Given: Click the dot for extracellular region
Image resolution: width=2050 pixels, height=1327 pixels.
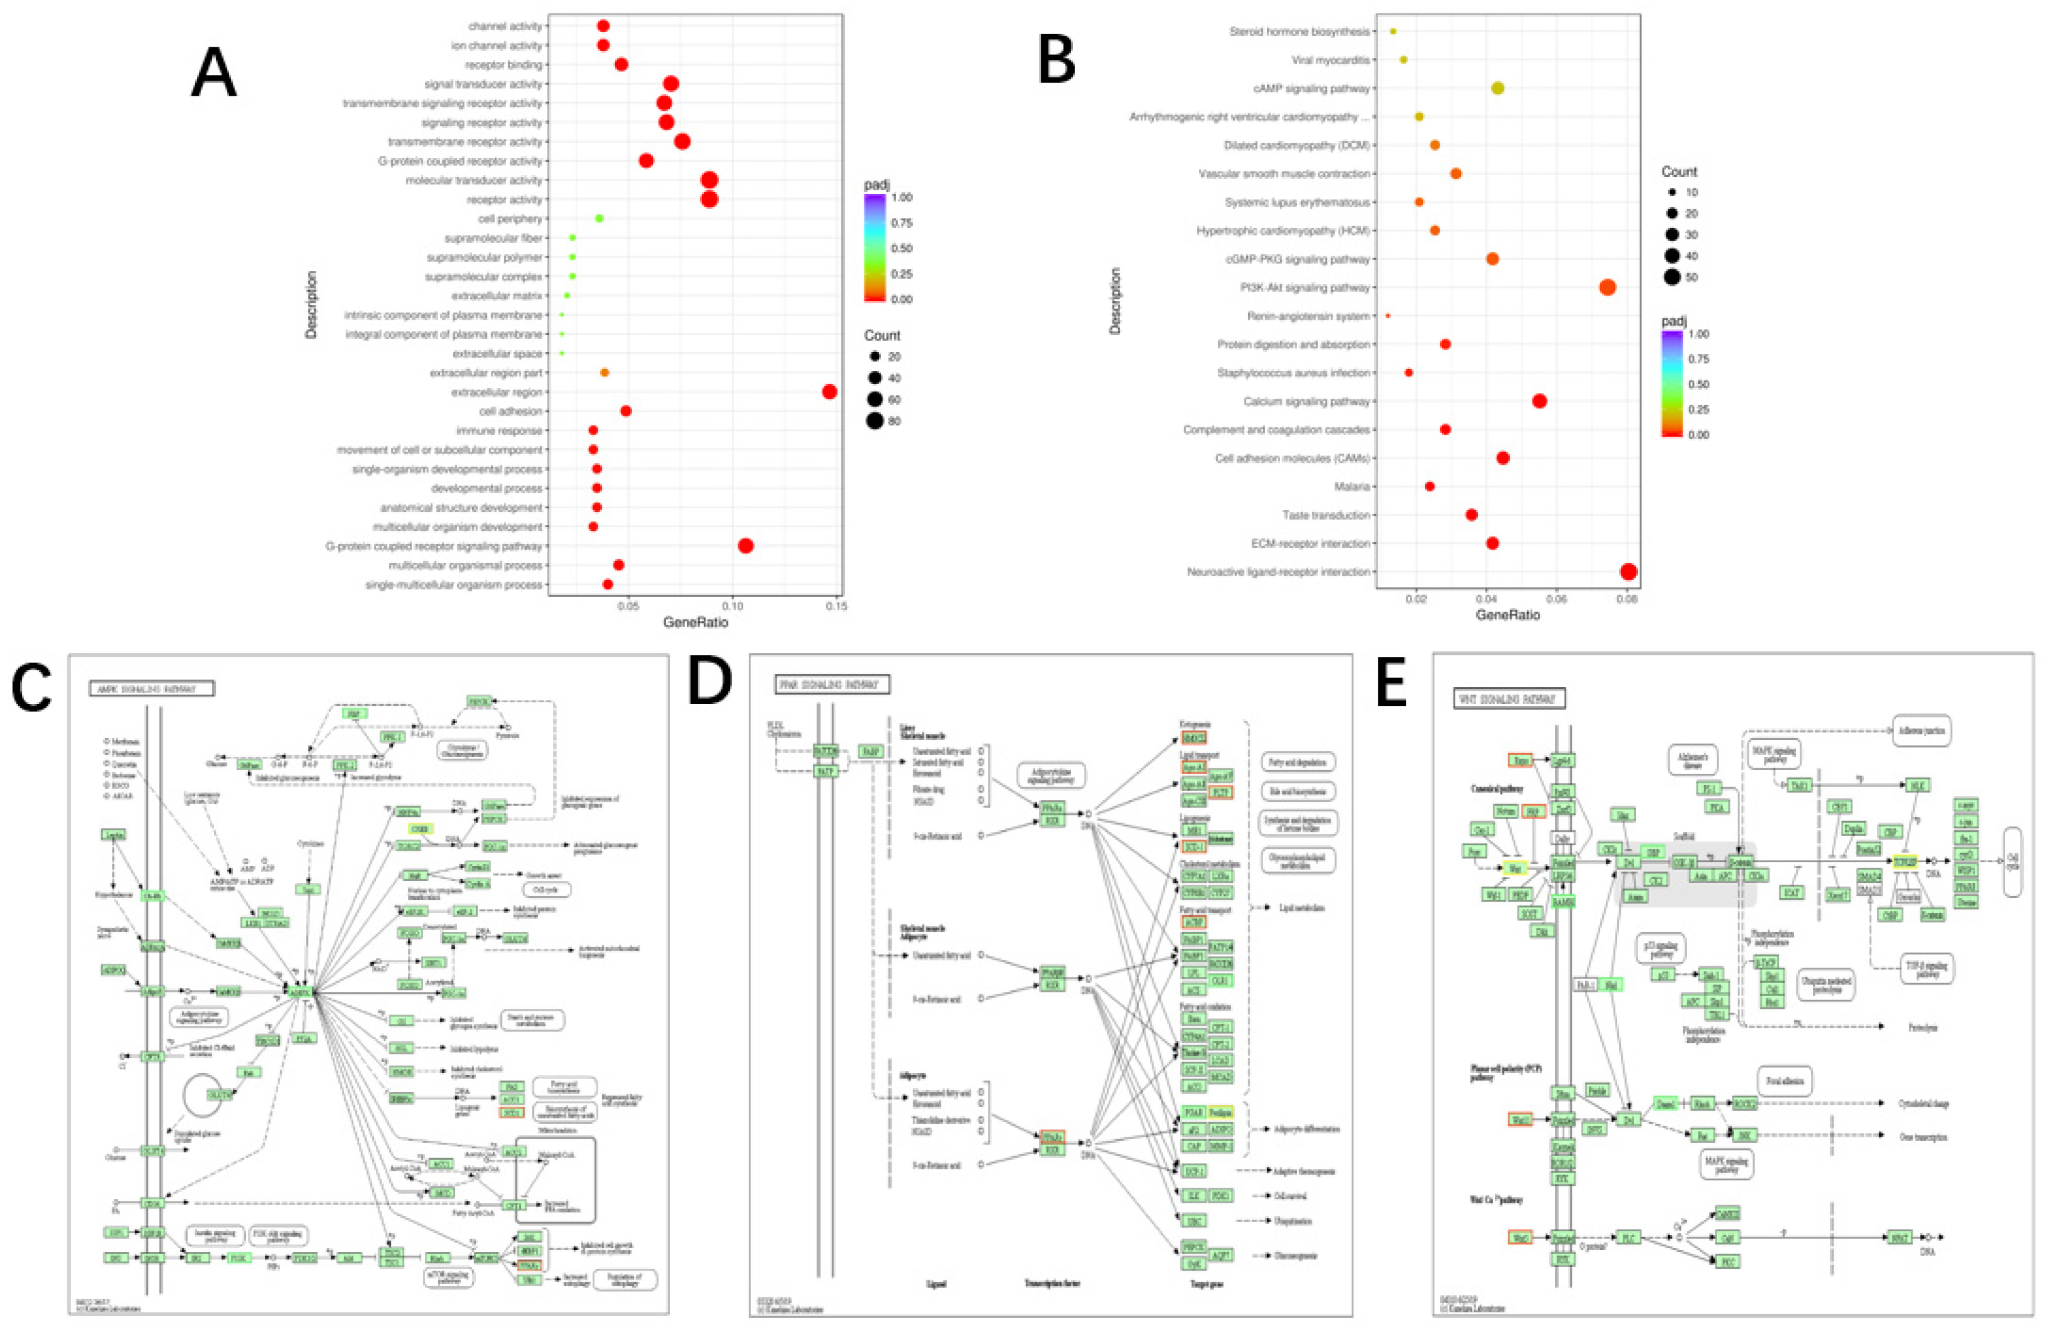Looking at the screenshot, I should click(x=829, y=392).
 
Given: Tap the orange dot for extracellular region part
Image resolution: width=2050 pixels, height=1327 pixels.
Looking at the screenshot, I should click(x=605, y=373).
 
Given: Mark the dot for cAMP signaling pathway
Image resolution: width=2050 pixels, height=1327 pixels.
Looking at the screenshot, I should click(x=1498, y=88).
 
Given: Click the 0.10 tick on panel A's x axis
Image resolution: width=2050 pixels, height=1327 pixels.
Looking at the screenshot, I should click(x=733, y=606).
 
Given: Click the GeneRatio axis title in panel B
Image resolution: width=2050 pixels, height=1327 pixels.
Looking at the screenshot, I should click(x=1507, y=615).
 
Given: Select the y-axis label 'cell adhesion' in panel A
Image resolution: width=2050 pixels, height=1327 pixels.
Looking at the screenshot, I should click(x=511, y=411).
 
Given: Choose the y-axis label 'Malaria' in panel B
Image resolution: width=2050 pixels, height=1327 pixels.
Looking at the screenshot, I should click(x=1352, y=487).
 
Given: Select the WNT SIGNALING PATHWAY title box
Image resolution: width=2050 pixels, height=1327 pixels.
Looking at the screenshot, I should click(x=1509, y=699).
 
